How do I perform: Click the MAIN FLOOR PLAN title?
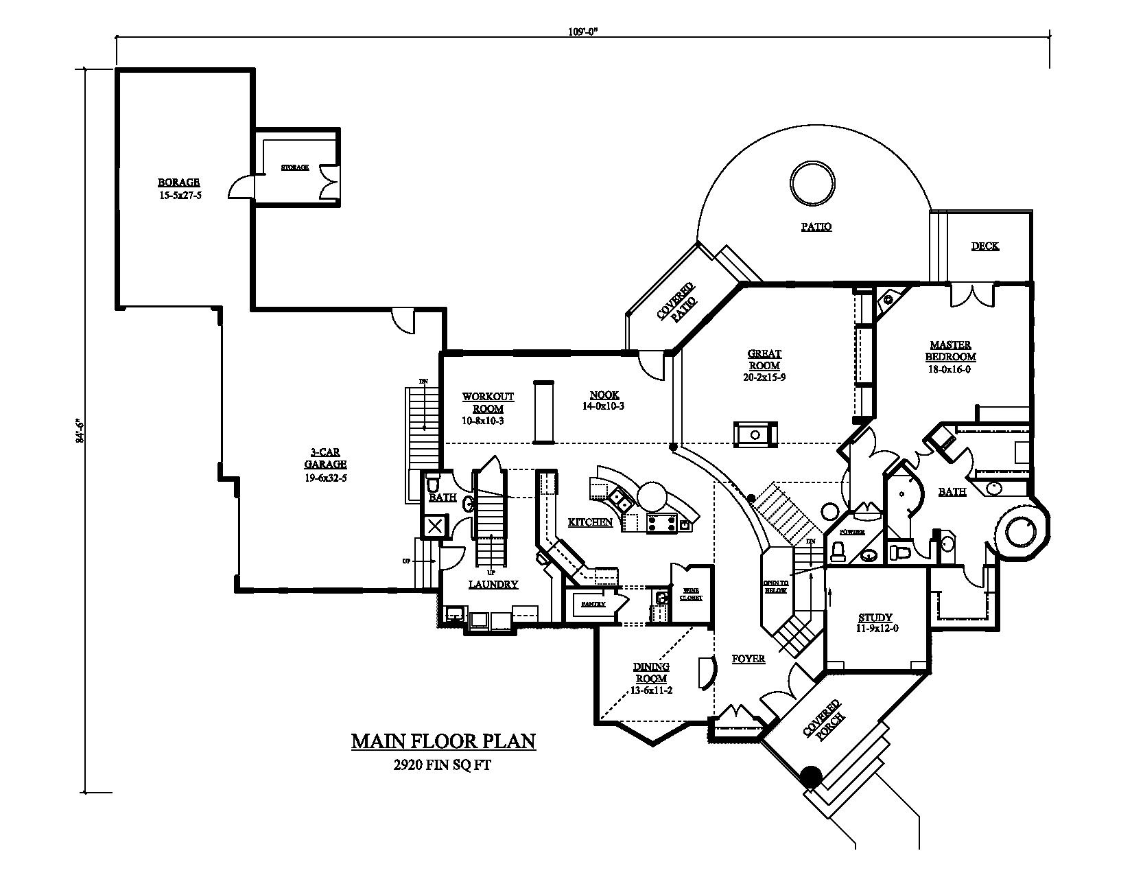443,742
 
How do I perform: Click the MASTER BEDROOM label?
950,351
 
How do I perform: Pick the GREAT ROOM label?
764,360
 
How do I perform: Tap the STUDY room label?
875,618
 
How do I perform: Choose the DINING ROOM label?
651,673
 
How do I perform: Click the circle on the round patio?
812,183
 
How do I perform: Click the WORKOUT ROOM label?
488,403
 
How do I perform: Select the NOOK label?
604,395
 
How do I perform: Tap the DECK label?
985,246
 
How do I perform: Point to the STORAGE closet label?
295,167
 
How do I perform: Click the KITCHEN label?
590,522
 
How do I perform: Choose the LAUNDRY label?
493,585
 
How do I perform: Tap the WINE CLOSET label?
691,594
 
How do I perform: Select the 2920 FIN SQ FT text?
443,765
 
